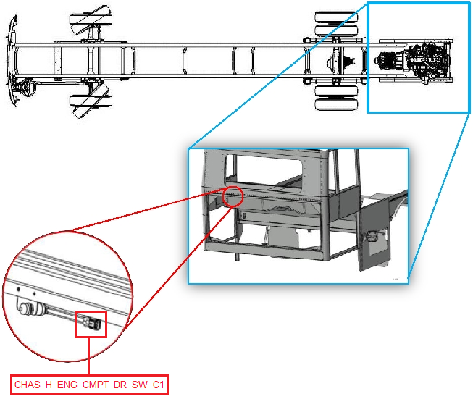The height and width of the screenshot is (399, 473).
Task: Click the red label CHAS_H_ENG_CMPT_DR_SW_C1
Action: click(x=89, y=385)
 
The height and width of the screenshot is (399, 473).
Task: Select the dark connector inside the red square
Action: click(x=92, y=324)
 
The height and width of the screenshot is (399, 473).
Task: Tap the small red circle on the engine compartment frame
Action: click(x=233, y=197)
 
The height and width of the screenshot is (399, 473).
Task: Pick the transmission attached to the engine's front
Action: click(x=390, y=59)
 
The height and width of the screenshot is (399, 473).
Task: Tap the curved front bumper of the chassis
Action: click(x=12, y=60)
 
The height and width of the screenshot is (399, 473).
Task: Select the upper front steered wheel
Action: click(x=91, y=20)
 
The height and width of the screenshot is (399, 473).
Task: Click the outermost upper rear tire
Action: click(x=336, y=17)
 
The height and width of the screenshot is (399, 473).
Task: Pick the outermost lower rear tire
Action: click(x=336, y=105)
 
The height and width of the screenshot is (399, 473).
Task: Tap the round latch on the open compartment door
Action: click(x=370, y=237)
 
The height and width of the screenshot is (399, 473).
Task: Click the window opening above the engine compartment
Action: click(x=264, y=172)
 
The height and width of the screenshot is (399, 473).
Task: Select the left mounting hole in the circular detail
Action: click(x=18, y=289)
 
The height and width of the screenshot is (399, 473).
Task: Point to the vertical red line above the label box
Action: click(x=88, y=356)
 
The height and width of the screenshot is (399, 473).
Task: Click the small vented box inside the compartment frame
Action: click(x=244, y=217)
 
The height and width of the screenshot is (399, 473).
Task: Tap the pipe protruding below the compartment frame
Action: click(x=238, y=256)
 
